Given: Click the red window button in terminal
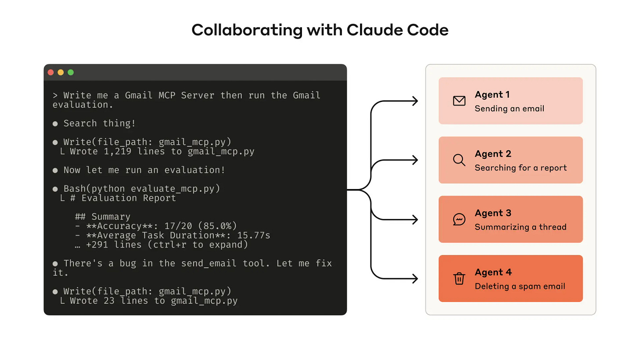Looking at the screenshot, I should point(51,73).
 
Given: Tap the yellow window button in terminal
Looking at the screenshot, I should point(61,73).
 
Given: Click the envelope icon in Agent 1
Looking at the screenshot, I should point(459,101).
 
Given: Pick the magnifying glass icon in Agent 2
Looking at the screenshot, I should point(459,160).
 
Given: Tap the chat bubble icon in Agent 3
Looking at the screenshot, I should point(459,219).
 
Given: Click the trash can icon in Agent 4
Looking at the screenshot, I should point(459,279).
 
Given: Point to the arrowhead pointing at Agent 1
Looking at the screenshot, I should point(415,101).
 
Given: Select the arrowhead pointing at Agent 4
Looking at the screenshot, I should point(415,279).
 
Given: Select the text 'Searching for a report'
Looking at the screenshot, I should point(520,168).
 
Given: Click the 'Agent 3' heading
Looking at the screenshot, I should point(493,213).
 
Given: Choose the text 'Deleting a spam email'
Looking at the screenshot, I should point(520,286).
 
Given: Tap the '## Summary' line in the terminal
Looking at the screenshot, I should point(102,217).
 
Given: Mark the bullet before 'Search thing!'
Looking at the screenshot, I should point(55,124).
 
